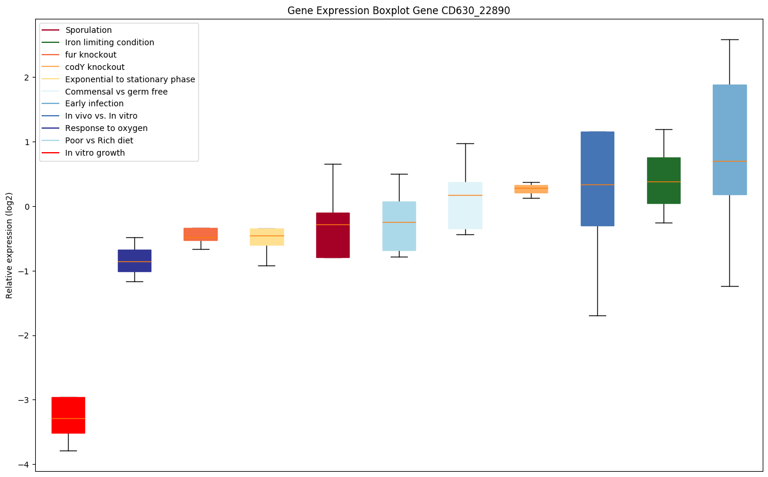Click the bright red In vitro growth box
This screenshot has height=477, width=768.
pyautogui.click(x=68, y=415)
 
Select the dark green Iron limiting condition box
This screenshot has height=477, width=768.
pyautogui.click(x=664, y=180)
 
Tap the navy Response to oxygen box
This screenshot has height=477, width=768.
pyautogui.click(x=134, y=260)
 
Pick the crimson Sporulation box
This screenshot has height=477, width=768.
pyautogui.click(x=333, y=235)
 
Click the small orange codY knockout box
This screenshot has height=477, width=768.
pyautogui.click(x=531, y=189)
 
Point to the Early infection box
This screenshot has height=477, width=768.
pyautogui.click(x=729, y=139)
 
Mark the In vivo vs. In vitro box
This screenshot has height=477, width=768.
pyautogui.click(x=597, y=179)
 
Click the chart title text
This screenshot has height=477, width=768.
pyautogui.click(x=395, y=11)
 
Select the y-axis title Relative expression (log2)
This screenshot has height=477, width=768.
pyautogui.click(x=10, y=245)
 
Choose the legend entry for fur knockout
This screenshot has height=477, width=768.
pyautogui.click(x=91, y=55)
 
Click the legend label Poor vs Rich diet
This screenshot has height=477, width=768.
pyautogui.click(x=99, y=140)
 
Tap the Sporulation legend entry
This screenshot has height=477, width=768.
pyautogui.click(x=89, y=30)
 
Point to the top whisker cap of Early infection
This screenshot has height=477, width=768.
pyautogui.click(x=729, y=39)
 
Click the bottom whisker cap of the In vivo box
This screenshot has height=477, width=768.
pyautogui.click(x=597, y=315)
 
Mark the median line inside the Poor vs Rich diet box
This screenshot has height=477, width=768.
pyautogui.click(x=399, y=222)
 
